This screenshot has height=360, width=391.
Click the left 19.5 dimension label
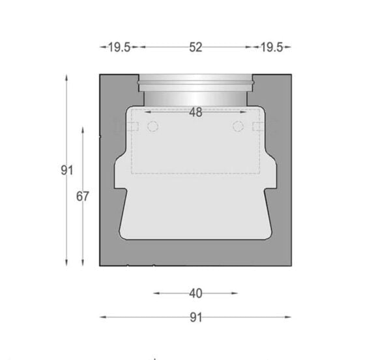pyautogui.click(x=119, y=48)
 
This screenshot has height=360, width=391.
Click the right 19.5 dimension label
pyautogui.click(x=272, y=48)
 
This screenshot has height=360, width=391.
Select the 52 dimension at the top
pyautogui.click(x=195, y=48)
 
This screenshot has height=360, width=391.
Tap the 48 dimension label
pyautogui.click(x=195, y=113)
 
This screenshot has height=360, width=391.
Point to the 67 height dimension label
pyautogui.click(x=82, y=197)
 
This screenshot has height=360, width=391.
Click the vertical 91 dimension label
pyautogui.click(x=67, y=171)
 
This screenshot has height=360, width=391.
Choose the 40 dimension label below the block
pyautogui.click(x=195, y=294)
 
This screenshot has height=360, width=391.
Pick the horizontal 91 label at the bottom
pyautogui.click(x=196, y=318)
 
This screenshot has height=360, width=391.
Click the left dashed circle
pyautogui.click(x=152, y=126)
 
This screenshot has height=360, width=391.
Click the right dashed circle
pyautogui.click(x=238, y=126)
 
